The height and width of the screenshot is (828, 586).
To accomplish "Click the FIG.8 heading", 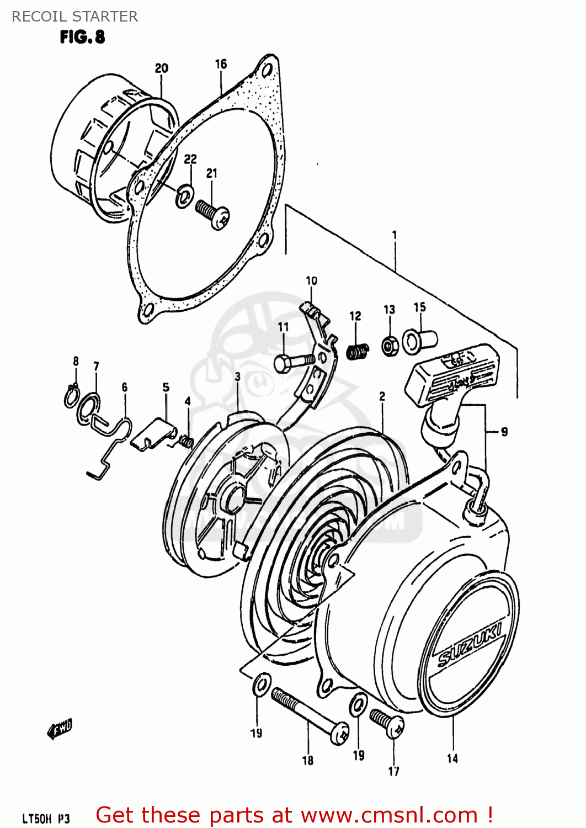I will point(82,37).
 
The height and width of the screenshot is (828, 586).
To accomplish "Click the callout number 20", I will point(161,68).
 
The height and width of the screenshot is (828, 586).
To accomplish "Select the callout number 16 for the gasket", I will point(221,64).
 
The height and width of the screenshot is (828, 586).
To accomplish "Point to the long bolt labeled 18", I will point(309,715).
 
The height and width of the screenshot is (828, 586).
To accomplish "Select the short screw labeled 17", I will point(387,724).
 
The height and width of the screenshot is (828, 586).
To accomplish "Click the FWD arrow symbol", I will point(60,730).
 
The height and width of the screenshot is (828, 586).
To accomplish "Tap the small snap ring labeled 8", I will point(70,396).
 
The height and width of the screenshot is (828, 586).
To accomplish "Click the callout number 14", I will point(452,758).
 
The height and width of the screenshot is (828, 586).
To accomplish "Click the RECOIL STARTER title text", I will point(74,16).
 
